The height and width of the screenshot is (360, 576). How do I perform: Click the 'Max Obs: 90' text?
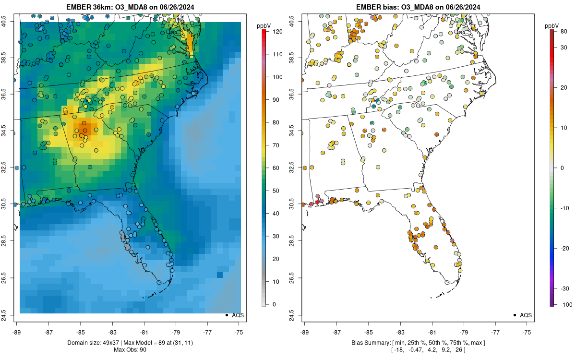click(x=130, y=349)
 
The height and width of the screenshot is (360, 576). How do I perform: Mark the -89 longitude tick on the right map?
click(x=304, y=332)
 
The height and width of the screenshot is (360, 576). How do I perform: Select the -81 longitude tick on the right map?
click(x=432, y=332)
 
